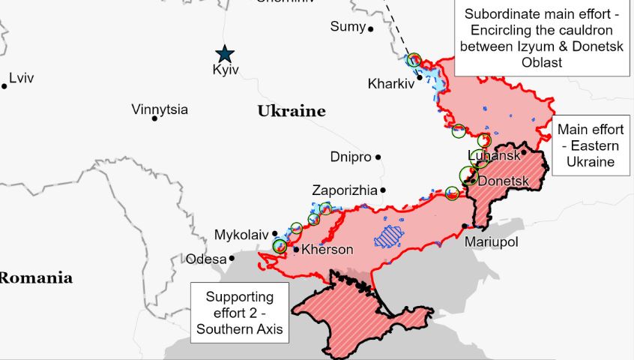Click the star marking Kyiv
tap(224, 54)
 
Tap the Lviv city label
tap(21, 78)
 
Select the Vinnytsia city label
tap(159, 109)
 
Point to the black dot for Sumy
tap(371, 28)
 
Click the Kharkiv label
tap(390, 83)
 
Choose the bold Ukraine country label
tap(292, 112)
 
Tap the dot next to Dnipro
tap(378, 157)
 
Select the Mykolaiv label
tap(241, 235)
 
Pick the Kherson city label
tap(327, 250)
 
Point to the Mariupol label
tap(491, 242)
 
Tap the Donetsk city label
tap(504, 181)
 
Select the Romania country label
tap(35, 278)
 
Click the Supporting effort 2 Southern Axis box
tap(240, 312)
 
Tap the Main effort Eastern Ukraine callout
tap(591, 145)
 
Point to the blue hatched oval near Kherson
tap(388, 237)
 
